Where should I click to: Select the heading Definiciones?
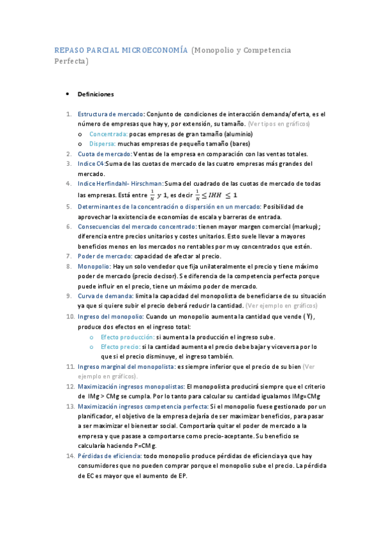pyautogui.click(x=95, y=94)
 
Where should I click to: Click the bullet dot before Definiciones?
pyautogui.click(x=68, y=94)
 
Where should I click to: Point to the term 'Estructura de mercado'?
pyautogui.click(x=111, y=114)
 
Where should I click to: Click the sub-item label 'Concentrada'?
pyautogui.click(x=108, y=134)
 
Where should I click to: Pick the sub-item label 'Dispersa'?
pyautogui.click(x=103, y=144)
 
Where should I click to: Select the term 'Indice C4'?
pyautogui.click(x=91, y=164)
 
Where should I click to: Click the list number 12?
pyautogui.click(x=70, y=387)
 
